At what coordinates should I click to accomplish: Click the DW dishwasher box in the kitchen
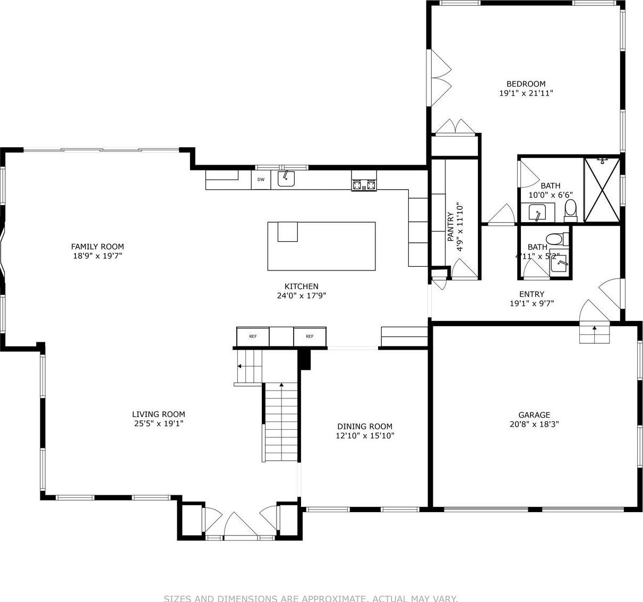pos(261,180)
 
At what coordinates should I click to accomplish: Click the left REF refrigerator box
pos(253,336)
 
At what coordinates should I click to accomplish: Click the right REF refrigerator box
pos(310,336)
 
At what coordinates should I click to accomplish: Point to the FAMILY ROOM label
pos(98,247)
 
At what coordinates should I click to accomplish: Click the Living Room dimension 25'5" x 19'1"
pos(159,423)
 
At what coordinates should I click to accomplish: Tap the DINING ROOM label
pos(365,426)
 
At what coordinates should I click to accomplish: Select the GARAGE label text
pos(534,415)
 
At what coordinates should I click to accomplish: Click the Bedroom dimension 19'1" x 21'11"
pos(526,93)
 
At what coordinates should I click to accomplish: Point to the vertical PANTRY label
pos(450,227)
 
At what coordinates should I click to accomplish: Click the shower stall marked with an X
pos(602,189)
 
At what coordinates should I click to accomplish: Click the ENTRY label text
pos(531,294)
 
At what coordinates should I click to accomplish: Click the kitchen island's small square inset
pos(288,232)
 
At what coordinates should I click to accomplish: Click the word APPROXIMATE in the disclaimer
pos(324,598)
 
